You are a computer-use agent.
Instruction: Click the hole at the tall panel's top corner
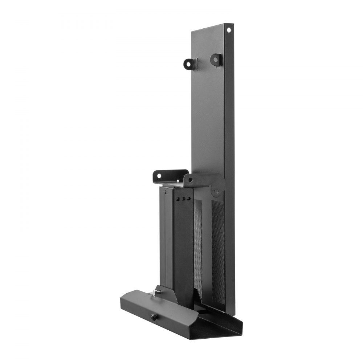(x=229, y=30)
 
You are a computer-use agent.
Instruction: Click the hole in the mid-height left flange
(x=159, y=176)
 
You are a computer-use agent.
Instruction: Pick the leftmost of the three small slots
(x=178, y=199)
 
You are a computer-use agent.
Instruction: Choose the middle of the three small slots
(x=183, y=199)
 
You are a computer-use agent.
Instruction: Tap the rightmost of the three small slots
(x=189, y=199)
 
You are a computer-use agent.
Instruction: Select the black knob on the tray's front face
(x=154, y=317)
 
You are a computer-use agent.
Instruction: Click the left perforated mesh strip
(x=197, y=247)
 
